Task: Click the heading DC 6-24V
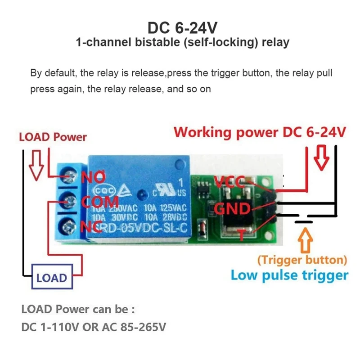click(182, 28)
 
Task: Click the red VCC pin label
click(229, 182)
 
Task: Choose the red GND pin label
click(231, 208)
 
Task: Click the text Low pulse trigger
click(289, 275)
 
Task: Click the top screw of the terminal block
click(69, 175)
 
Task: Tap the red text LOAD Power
click(53, 137)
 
